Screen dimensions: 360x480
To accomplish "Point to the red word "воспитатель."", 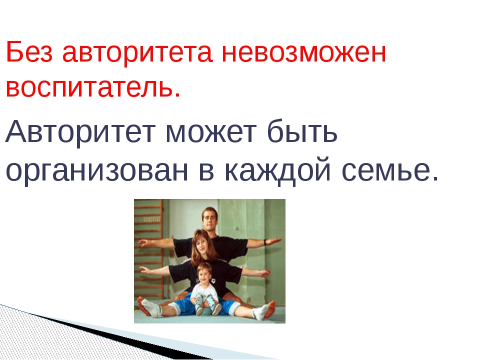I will [x=93, y=87].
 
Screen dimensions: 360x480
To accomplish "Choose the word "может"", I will [x=209, y=132].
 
